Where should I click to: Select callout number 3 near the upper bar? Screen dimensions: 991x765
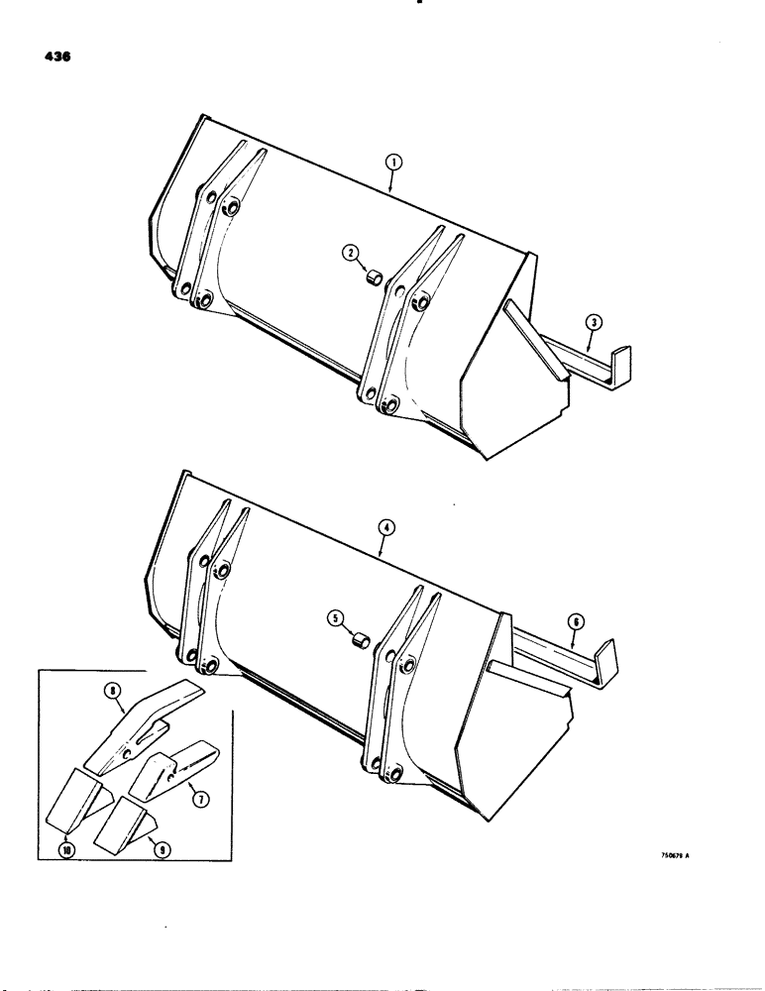pyautogui.click(x=591, y=320)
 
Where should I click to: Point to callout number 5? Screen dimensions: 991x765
pyautogui.click(x=337, y=619)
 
